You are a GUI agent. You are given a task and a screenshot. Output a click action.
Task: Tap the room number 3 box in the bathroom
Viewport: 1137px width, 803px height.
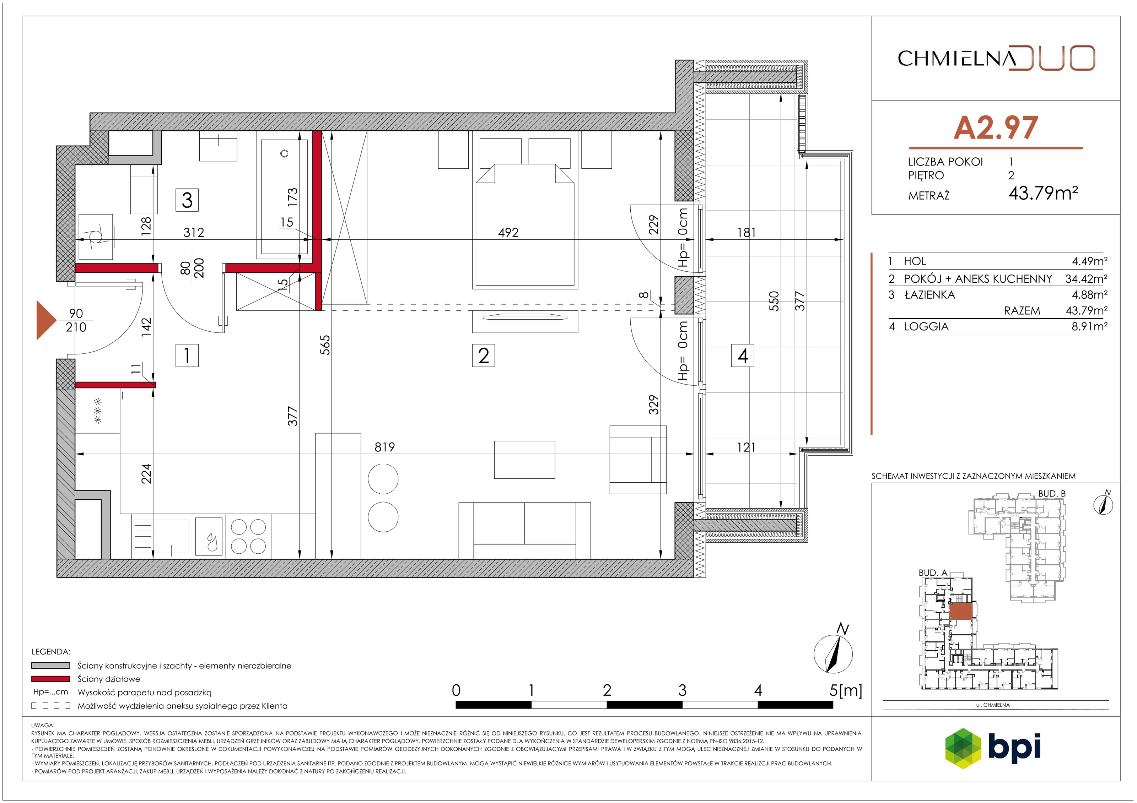(x=187, y=200)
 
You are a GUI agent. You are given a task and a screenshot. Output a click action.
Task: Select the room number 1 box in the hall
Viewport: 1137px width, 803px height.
(x=187, y=356)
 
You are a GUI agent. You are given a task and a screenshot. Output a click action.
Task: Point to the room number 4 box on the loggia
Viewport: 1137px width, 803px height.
(x=742, y=356)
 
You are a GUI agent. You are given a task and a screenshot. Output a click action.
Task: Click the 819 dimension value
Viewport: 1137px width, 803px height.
(x=385, y=447)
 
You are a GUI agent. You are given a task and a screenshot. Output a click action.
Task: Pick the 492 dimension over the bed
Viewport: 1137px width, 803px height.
(x=508, y=232)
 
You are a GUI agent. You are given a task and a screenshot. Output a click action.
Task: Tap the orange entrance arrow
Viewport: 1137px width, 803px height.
(x=47, y=320)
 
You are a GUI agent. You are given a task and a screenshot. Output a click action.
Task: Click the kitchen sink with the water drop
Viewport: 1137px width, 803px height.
(x=209, y=536)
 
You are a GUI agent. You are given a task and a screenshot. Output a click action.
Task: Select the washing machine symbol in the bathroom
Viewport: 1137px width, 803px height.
(x=96, y=237)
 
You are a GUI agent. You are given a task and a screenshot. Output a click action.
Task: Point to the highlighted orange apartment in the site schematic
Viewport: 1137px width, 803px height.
(x=961, y=612)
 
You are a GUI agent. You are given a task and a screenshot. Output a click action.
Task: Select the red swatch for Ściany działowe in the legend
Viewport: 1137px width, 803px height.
(x=50, y=679)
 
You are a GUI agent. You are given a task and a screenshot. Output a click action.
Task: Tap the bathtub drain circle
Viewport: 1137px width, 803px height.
(x=284, y=153)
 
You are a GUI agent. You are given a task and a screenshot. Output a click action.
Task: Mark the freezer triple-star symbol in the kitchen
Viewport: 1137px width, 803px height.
(x=98, y=411)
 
